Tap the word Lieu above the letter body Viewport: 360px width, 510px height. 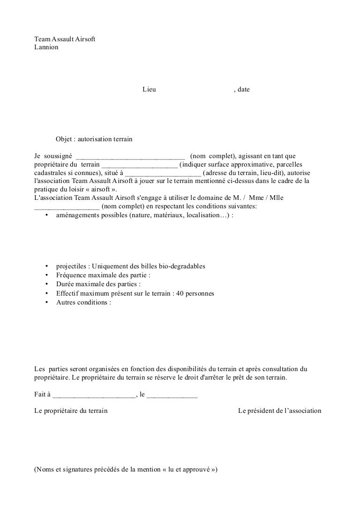[x=149, y=89]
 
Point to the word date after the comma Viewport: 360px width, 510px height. [x=243, y=89]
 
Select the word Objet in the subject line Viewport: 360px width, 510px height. [x=65, y=139]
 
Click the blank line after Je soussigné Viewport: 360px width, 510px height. [x=131, y=156]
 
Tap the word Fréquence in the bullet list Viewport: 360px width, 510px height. [x=71, y=275]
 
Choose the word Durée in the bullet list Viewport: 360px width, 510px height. [x=65, y=284]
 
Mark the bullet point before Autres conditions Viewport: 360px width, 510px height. [x=47, y=302]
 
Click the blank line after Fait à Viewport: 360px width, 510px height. [x=93, y=395]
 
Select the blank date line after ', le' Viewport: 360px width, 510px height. [x=172, y=395]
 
